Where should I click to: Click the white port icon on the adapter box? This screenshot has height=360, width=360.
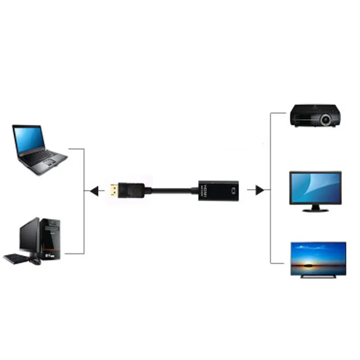coord(233,190)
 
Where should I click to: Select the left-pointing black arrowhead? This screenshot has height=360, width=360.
coord(94,191)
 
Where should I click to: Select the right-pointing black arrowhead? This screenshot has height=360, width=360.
coord(260,190)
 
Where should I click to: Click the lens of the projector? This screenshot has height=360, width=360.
coord(326,119)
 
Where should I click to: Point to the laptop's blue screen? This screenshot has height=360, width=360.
coord(30,139)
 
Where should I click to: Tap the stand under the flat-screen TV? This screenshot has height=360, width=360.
coord(318,276)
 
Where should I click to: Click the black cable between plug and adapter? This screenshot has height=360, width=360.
coord(171,190)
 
